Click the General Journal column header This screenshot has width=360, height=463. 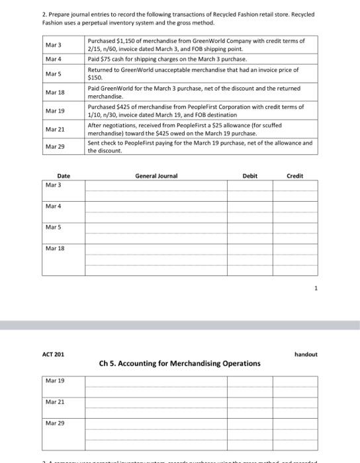156,176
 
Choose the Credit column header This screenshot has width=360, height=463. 294,176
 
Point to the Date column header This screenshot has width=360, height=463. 63,176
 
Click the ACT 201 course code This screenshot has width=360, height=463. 54,355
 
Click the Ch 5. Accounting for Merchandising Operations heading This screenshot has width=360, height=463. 179,363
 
